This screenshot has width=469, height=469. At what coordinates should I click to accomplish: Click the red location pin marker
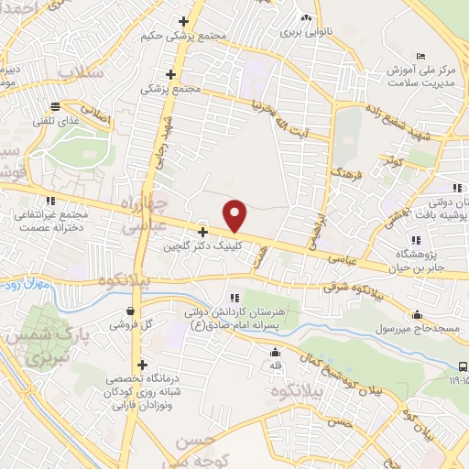235,215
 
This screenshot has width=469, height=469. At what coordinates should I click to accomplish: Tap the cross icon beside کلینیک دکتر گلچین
202,232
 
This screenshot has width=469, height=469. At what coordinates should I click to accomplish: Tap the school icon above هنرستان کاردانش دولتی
234,298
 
